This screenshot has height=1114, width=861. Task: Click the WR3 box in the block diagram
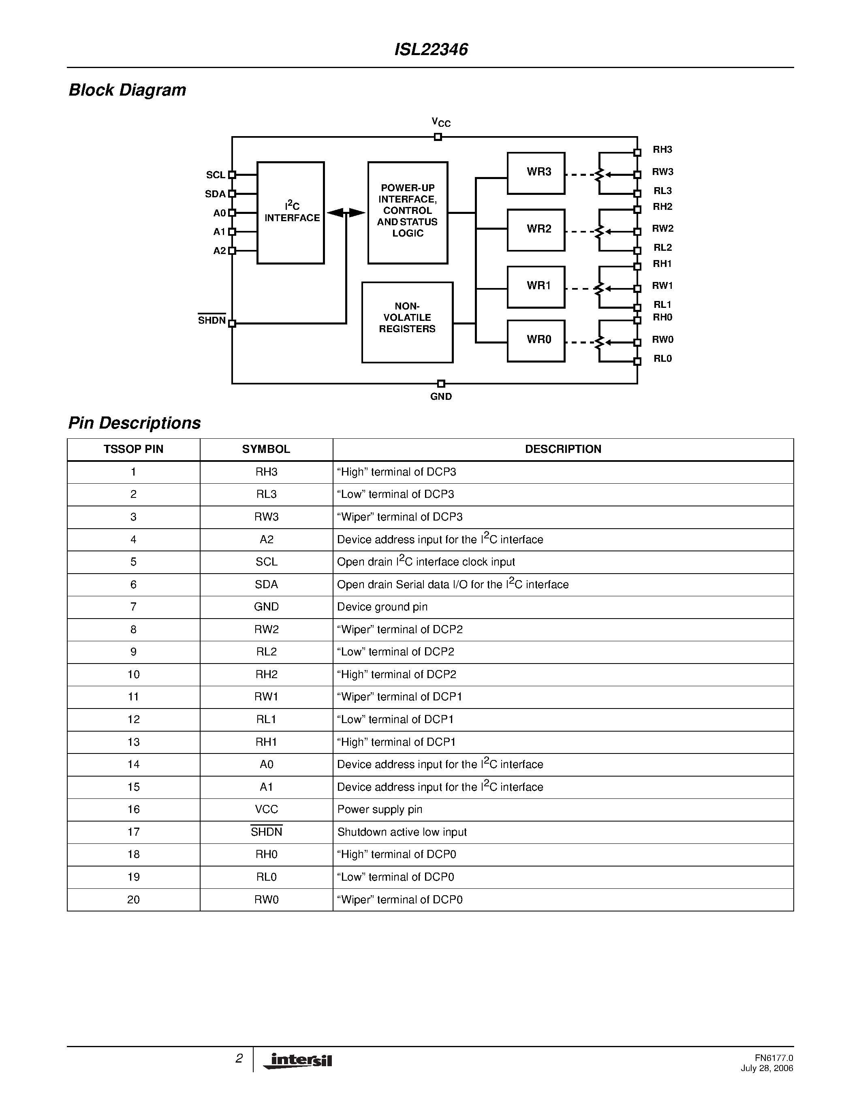tap(536, 173)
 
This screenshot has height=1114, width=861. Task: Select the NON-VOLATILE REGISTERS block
tap(407, 322)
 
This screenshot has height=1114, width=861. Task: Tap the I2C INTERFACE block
tap(290, 213)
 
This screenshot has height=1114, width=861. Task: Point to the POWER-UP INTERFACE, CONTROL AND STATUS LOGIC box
tap(408, 213)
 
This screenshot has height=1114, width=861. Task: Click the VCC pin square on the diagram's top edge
tap(438, 137)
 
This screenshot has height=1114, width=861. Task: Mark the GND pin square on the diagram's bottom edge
tap(441, 384)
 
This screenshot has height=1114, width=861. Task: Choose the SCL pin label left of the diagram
tap(215, 175)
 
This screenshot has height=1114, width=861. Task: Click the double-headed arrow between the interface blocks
tap(346, 213)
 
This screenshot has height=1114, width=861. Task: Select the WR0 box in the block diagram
tap(536, 341)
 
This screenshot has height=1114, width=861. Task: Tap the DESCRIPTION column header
tap(563, 449)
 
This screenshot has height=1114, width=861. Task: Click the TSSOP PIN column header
tap(133, 449)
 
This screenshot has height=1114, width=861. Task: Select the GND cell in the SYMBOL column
tap(266, 607)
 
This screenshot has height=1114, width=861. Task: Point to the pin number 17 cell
tap(133, 832)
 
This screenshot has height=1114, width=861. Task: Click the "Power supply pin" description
tap(380, 809)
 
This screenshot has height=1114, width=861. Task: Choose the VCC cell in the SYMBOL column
tap(266, 809)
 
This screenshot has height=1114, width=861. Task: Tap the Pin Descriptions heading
tap(135, 423)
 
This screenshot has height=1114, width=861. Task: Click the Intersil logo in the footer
tap(298, 1061)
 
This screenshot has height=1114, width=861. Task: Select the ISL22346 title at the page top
tap(431, 49)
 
